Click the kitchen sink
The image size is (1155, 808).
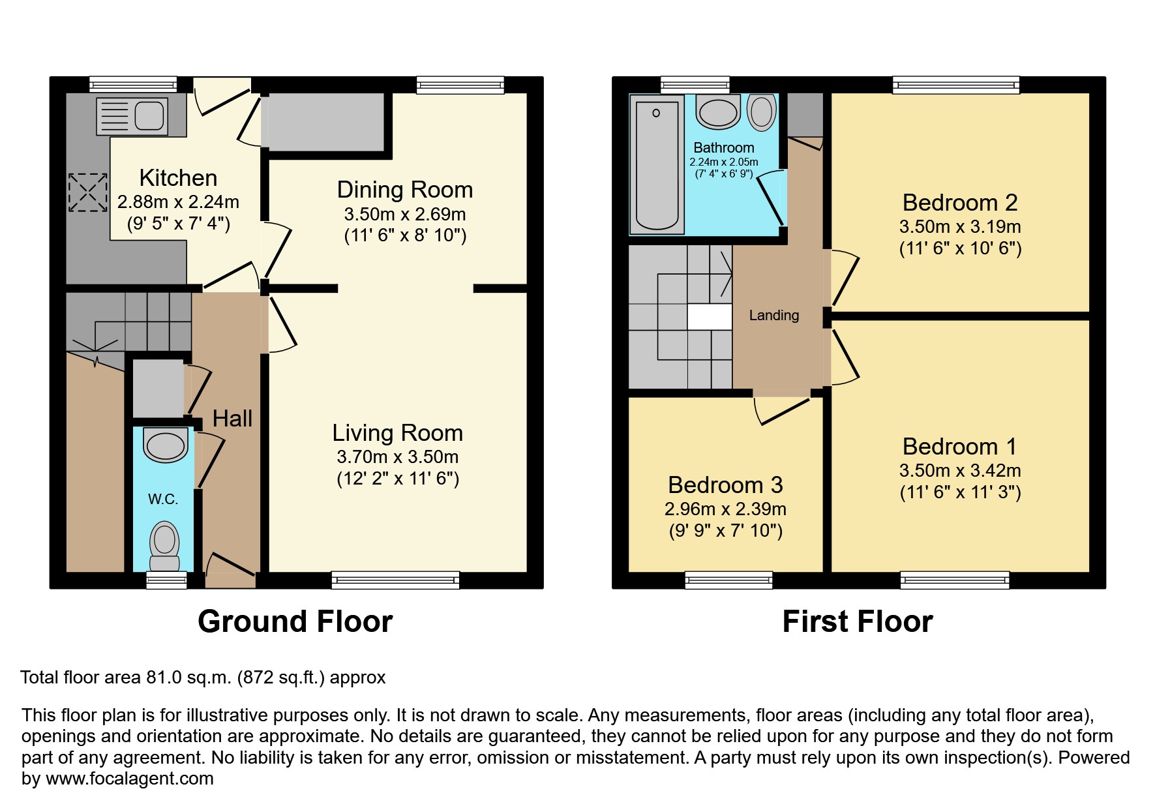click(132, 117)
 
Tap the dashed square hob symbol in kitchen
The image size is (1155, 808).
click(88, 192)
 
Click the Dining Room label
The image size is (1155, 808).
click(404, 190)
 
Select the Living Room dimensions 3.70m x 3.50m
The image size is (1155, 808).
click(397, 457)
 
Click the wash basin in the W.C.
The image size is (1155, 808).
click(166, 445)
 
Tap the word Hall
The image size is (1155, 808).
click(232, 419)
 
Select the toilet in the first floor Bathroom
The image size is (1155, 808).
click(762, 112)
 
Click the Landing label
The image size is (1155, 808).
click(773, 316)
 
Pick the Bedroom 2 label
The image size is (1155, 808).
click(959, 203)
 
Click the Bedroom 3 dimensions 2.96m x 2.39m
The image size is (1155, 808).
click(725, 509)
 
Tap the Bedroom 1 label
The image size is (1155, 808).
click(959, 447)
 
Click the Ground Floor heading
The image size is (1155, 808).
click(295, 621)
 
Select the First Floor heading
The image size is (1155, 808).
click(857, 621)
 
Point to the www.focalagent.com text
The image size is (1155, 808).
click(129, 779)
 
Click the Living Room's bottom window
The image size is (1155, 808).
click(395, 580)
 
